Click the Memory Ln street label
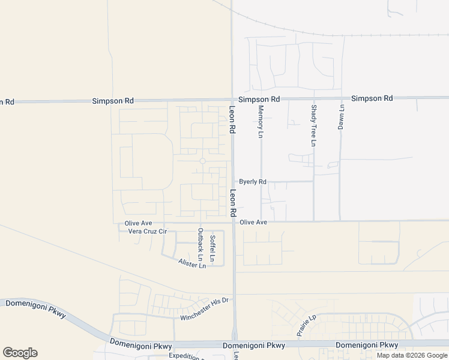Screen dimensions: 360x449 click(x=261, y=122)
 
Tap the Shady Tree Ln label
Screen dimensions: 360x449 click(x=313, y=125)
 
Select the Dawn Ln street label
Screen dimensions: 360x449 click(x=340, y=118)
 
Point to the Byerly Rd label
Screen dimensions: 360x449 click(x=252, y=181)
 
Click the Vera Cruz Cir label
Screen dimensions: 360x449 click(x=143, y=231)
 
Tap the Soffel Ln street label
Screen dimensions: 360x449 click(x=212, y=247)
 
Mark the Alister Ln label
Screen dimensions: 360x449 click(x=192, y=263)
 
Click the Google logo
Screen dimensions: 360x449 click(x=20, y=353)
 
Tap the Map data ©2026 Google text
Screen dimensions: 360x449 click(x=411, y=355)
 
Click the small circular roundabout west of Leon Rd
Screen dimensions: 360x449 click(x=203, y=161)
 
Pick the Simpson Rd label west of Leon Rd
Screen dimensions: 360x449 click(x=113, y=101)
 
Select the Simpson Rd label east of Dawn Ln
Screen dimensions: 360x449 click(x=372, y=98)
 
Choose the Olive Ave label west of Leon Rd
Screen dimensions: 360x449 click(x=139, y=223)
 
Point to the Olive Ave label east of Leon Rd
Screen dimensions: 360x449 click(x=253, y=222)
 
